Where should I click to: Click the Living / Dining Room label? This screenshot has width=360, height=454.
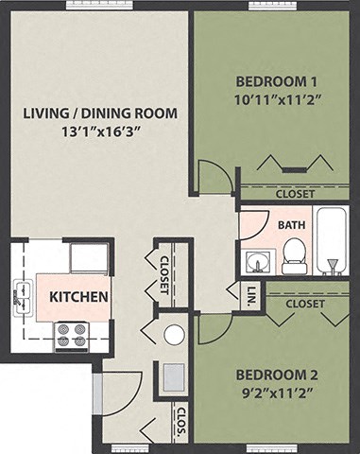(x=101, y=114)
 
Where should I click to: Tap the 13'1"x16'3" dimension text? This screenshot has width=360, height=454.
(x=101, y=132)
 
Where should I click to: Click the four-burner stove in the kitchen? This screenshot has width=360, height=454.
(x=72, y=335)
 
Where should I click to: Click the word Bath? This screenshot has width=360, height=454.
(x=291, y=225)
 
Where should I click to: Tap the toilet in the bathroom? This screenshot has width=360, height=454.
(x=294, y=255)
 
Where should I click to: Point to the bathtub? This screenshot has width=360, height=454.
(x=331, y=241)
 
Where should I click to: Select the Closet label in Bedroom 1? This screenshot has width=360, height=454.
(x=295, y=194)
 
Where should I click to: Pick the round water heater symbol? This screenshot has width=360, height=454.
(x=174, y=334)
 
